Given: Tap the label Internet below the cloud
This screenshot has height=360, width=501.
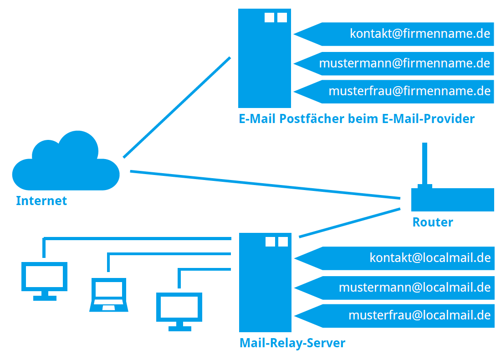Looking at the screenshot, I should [41, 201].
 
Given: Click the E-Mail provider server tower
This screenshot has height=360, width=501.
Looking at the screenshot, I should [264, 59].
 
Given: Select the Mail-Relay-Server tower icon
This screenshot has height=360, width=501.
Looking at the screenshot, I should [265, 283].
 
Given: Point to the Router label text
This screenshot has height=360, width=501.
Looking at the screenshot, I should [433, 222].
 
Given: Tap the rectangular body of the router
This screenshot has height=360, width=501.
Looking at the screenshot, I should [452, 200].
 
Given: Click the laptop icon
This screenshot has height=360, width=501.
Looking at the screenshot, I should [108, 295].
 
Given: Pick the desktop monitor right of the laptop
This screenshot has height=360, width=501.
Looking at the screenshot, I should [179, 309].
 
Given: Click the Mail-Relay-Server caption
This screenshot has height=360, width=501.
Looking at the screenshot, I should [292, 343].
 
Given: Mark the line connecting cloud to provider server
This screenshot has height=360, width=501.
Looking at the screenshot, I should [177, 107].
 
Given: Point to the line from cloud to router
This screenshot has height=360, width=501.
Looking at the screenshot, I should [264, 185].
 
